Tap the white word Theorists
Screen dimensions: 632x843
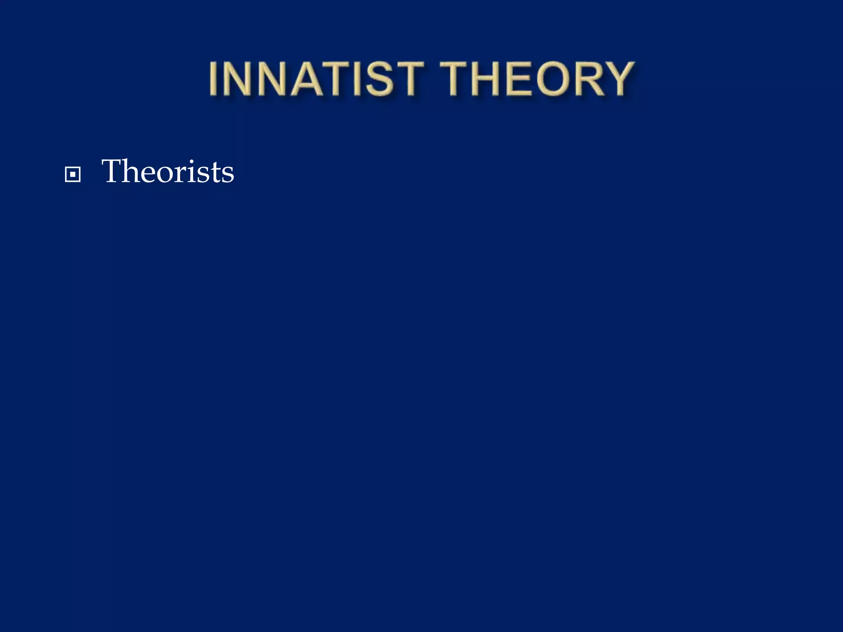(168, 171)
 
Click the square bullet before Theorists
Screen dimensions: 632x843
(73, 175)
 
